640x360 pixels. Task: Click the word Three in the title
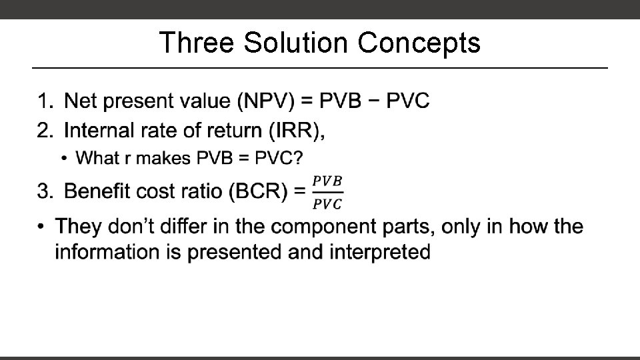tap(197, 43)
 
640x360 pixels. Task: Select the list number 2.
tap(44, 130)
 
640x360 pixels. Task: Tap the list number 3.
tap(44, 192)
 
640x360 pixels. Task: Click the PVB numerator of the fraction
tap(327, 181)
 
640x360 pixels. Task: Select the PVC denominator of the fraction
tap(327, 203)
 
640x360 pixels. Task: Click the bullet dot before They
tap(42, 227)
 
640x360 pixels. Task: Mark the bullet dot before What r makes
tap(63, 158)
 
